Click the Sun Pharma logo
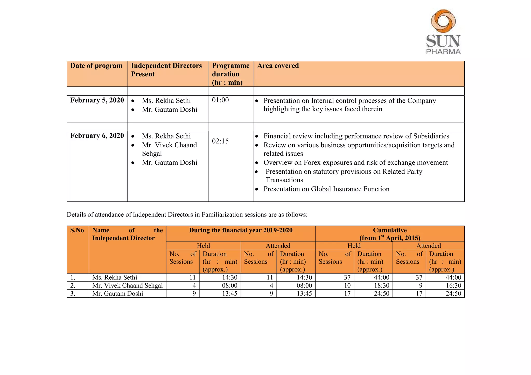(443, 32)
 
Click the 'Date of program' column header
(96, 66)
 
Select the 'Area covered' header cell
(278, 66)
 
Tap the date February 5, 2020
(97, 100)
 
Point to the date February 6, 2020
(97, 136)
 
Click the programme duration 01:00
(220, 100)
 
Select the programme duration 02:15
(220, 141)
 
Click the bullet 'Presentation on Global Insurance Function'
(326, 189)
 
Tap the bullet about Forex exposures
(355, 163)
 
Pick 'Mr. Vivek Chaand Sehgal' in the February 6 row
(169, 149)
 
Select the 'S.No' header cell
(77, 230)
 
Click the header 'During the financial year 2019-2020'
(241, 230)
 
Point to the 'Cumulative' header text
(390, 230)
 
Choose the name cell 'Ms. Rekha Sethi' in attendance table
(115, 277)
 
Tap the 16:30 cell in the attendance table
(453, 286)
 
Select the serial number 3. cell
(73, 294)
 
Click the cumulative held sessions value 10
(347, 286)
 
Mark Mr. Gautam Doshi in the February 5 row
(169, 110)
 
